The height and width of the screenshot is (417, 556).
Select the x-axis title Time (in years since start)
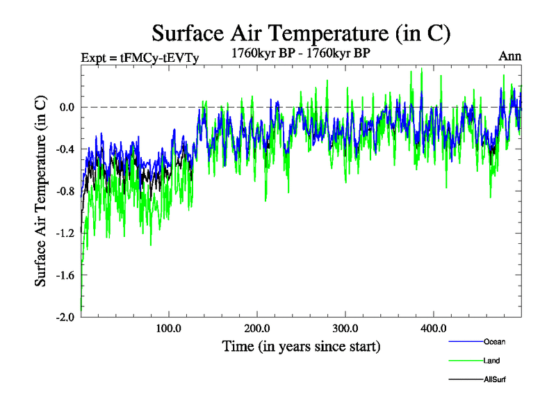tap(301, 345)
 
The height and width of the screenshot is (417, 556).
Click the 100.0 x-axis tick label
tap(169, 328)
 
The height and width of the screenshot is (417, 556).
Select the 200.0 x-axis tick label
tap(257, 328)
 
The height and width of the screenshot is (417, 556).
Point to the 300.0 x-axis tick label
tap(345, 328)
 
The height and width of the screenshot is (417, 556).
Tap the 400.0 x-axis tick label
tap(434, 328)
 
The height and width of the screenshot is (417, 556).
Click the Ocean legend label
tap(494, 341)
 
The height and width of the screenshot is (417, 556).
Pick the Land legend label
tap(491, 361)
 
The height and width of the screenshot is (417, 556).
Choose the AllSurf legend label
tap(495, 379)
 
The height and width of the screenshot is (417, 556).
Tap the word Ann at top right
tap(509, 56)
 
